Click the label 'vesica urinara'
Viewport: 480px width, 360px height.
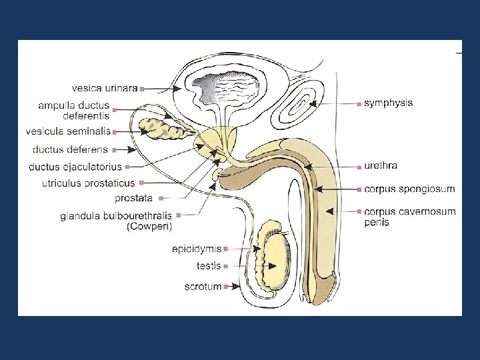[105, 87]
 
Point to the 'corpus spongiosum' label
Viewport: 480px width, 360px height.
[409, 189]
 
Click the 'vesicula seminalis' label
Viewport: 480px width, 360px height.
[68, 131]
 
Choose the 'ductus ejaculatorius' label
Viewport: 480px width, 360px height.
[75, 166]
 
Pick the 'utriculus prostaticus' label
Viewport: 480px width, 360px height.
[89, 183]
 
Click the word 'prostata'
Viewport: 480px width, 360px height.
[133, 198]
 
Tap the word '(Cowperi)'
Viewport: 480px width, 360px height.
[149, 227]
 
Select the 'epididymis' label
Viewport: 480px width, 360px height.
[197, 249]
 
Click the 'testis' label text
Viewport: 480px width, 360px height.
[209, 266]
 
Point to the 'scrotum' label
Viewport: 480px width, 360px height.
[204, 287]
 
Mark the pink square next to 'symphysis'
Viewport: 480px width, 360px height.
[359, 104]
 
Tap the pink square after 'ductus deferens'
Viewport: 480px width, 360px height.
[115, 149]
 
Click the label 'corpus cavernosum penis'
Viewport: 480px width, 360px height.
[409, 217]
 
